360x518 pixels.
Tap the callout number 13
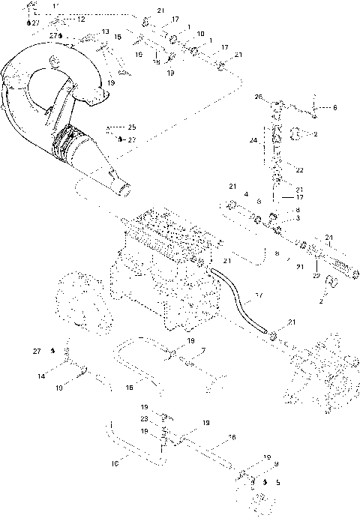click(x=106, y=31)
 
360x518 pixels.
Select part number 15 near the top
click(x=118, y=36)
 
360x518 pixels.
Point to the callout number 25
click(x=132, y=127)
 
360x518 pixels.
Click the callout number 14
click(x=42, y=374)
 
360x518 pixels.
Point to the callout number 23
click(x=144, y=419)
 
